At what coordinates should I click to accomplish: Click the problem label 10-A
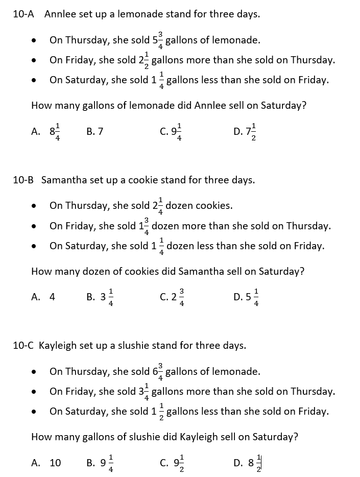pyautogui.click(x=23, y=14)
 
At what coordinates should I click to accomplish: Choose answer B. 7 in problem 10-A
pyautogui.click(x=95, y=131)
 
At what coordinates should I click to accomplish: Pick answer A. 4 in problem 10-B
pyautogui.click(x=43, y=297)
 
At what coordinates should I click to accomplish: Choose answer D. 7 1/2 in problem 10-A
pyautogui.click(x=246, y=132)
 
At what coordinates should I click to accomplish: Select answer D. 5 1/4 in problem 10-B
pyautogui.click(x=247, y=297)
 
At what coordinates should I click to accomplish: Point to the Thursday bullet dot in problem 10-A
pyautogui.click(x=34, y=40)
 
